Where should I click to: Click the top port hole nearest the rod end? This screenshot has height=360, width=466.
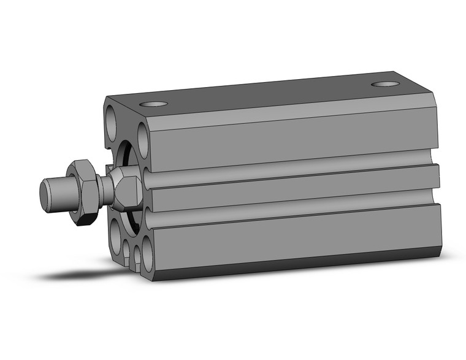coord(157,104)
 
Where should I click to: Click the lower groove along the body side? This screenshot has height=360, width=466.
coord(294,212)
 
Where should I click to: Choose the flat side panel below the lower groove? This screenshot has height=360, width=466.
coord(294,239)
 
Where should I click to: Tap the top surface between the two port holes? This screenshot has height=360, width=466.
coord(270,93)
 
